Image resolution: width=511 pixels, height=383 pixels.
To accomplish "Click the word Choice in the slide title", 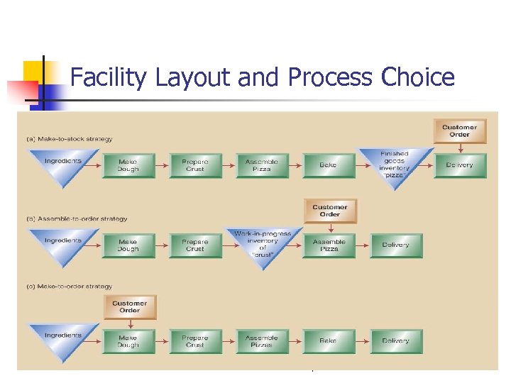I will [x=418, y=77].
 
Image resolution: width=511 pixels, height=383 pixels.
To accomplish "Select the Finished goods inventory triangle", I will [x=395, y=163].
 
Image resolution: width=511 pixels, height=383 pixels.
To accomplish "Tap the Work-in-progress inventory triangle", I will [x=262, y=245].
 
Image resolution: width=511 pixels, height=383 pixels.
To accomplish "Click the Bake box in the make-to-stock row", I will [x=328, y=165].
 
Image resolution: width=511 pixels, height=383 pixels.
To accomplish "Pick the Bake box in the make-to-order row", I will [x=328, y=340].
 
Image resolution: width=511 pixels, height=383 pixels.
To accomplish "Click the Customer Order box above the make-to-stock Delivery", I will [x=460, y=131].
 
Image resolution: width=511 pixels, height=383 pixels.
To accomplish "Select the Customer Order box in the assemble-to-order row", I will [x=330, y=211].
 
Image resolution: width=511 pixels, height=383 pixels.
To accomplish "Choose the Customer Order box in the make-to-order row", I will [x=129, y=306].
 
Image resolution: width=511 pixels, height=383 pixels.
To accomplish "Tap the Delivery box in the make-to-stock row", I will [x=460, y=165].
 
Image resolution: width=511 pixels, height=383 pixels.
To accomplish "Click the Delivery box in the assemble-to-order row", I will [x=395, y=245].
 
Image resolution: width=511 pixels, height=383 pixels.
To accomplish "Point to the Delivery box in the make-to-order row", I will [x=395, y=340].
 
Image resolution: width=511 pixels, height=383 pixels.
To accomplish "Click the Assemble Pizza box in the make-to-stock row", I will [x=262, y=165].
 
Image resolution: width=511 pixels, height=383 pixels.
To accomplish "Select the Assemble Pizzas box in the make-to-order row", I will [x=262, y=340].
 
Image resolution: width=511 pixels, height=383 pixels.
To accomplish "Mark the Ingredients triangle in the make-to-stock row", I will [x=63, y=165].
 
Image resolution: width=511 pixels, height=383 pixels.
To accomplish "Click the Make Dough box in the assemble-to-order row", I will [x=128, y=245].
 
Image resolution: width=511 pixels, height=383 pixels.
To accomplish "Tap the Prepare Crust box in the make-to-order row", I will [x=195, y=340].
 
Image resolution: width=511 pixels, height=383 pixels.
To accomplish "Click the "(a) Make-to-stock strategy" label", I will [x=70, y=139].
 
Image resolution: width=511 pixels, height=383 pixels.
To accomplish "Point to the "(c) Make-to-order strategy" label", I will [x=70, y=287].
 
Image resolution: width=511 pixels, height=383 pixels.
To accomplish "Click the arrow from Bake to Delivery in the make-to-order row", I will [x=362, y=340].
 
